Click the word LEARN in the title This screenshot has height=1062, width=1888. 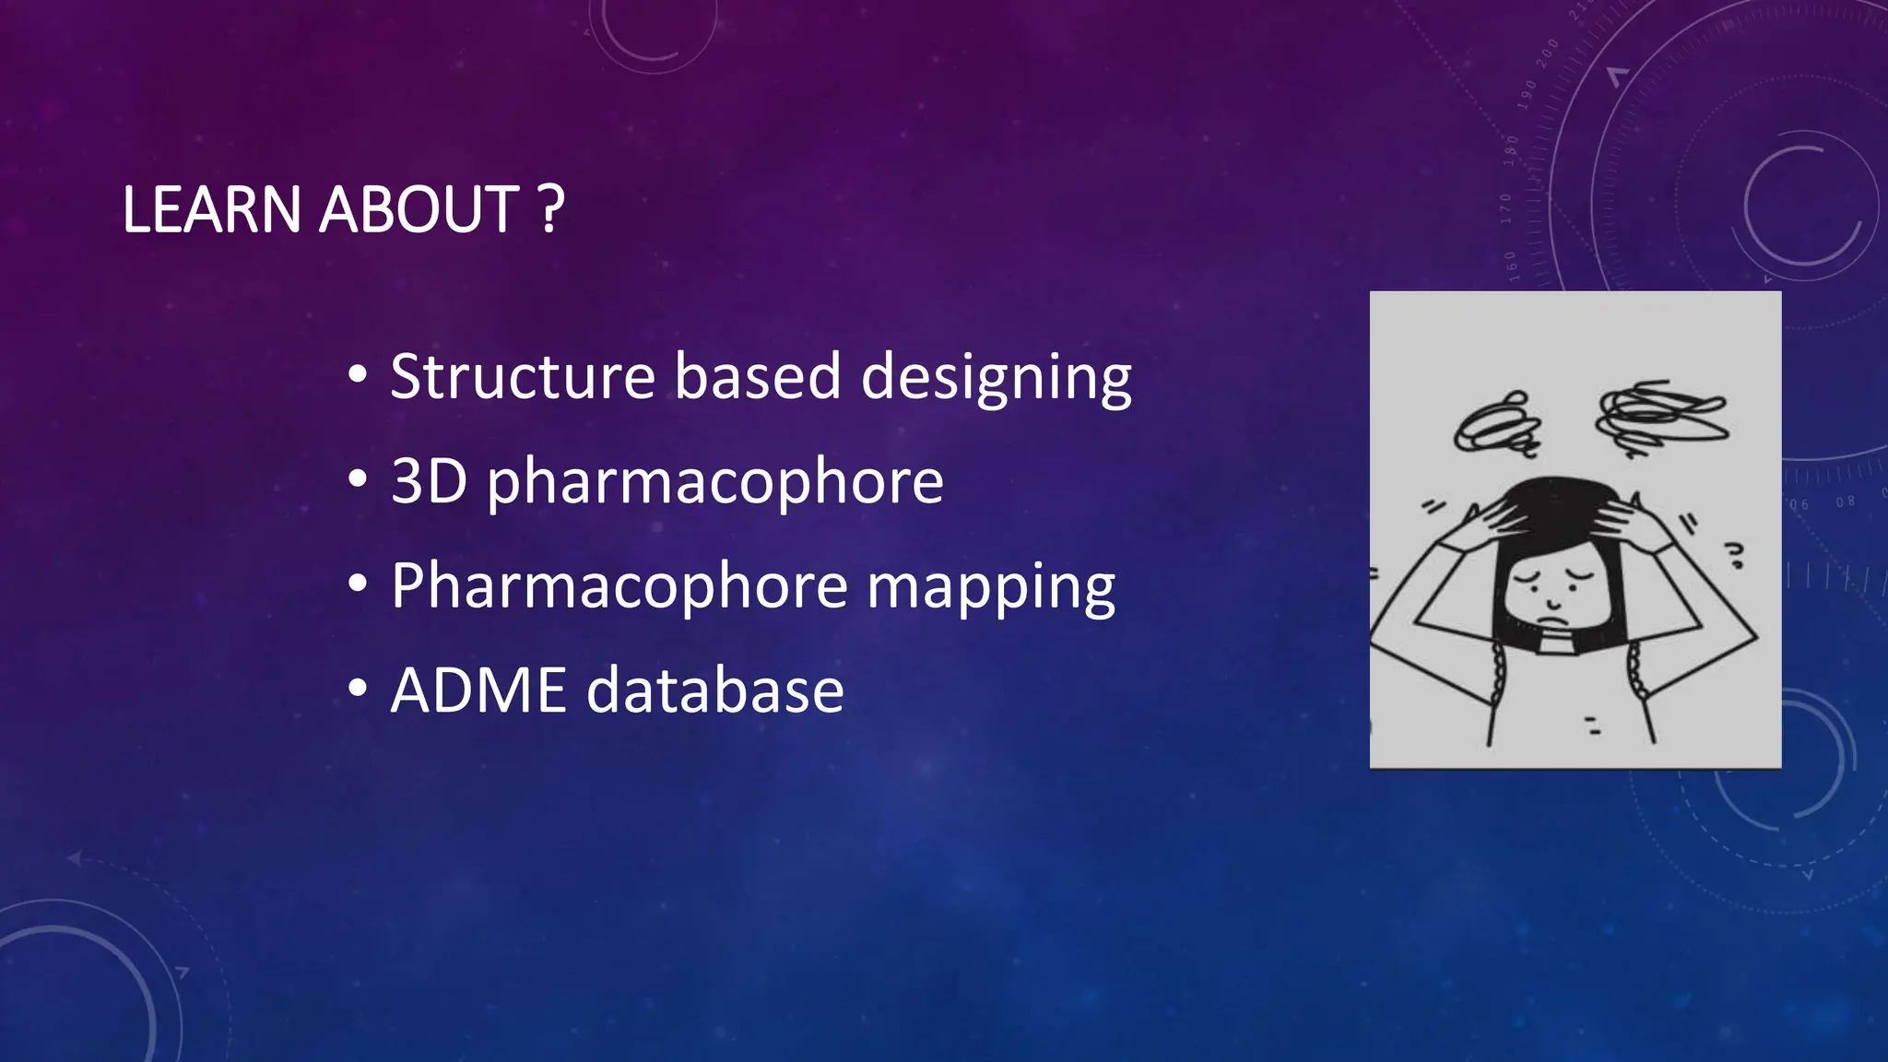click(x=211, y=210)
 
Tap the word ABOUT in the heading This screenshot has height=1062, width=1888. click(x=420, y=210)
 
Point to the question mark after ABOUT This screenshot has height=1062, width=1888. click(x=550, y=210)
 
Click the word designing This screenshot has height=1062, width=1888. click(x=996, y=378)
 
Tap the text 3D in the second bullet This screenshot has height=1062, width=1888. click(x=430, y=481)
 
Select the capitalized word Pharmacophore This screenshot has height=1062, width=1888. click(x=619, y=586)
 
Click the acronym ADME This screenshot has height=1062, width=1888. click(x=478, y=690)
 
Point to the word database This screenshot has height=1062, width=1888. click(x=715, y=690)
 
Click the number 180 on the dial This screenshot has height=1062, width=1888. click(x=1511, y=148)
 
